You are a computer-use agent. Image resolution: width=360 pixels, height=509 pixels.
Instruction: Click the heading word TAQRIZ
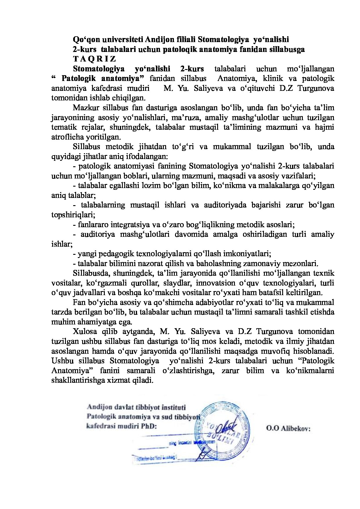click(94, 59)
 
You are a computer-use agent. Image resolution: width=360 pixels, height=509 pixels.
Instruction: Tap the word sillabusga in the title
click(285, 49)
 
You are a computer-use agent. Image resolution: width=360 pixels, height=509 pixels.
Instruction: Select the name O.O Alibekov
click(288, 428)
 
